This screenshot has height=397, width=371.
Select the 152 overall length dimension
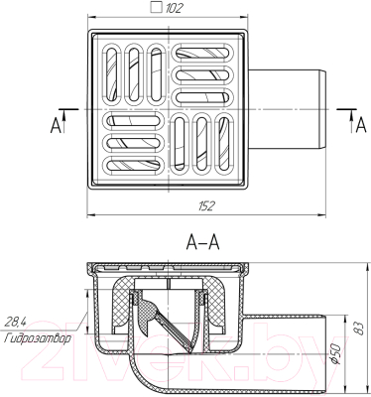coord(206,204)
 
